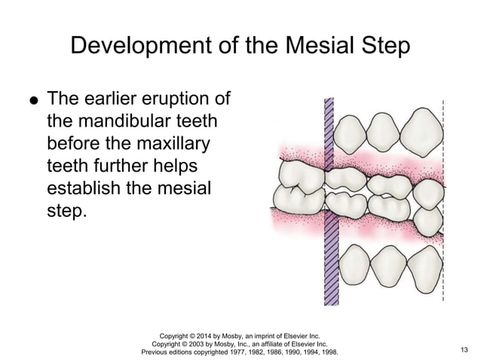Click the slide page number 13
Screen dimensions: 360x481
463,349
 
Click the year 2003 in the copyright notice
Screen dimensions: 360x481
202,341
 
